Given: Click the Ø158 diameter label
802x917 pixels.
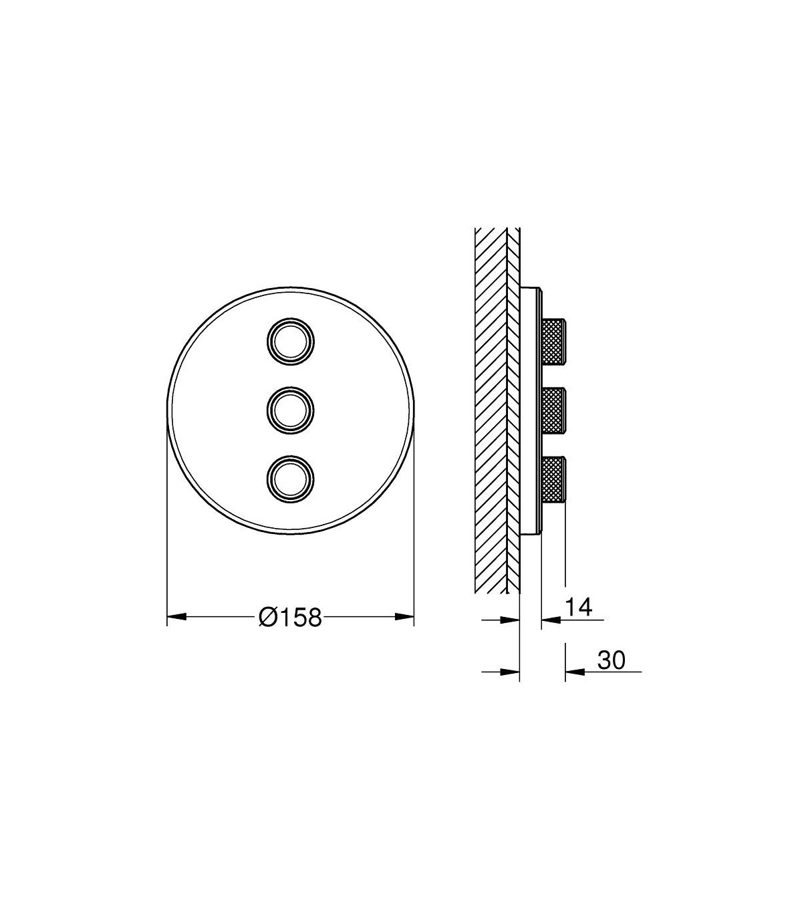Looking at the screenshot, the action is tap(290, 617).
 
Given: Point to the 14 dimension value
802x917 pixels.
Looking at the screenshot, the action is tap(578, 607).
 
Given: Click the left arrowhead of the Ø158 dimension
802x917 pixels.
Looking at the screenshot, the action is tap(176, 617).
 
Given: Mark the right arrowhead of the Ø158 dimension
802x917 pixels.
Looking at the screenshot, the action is tap(404, 617).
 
